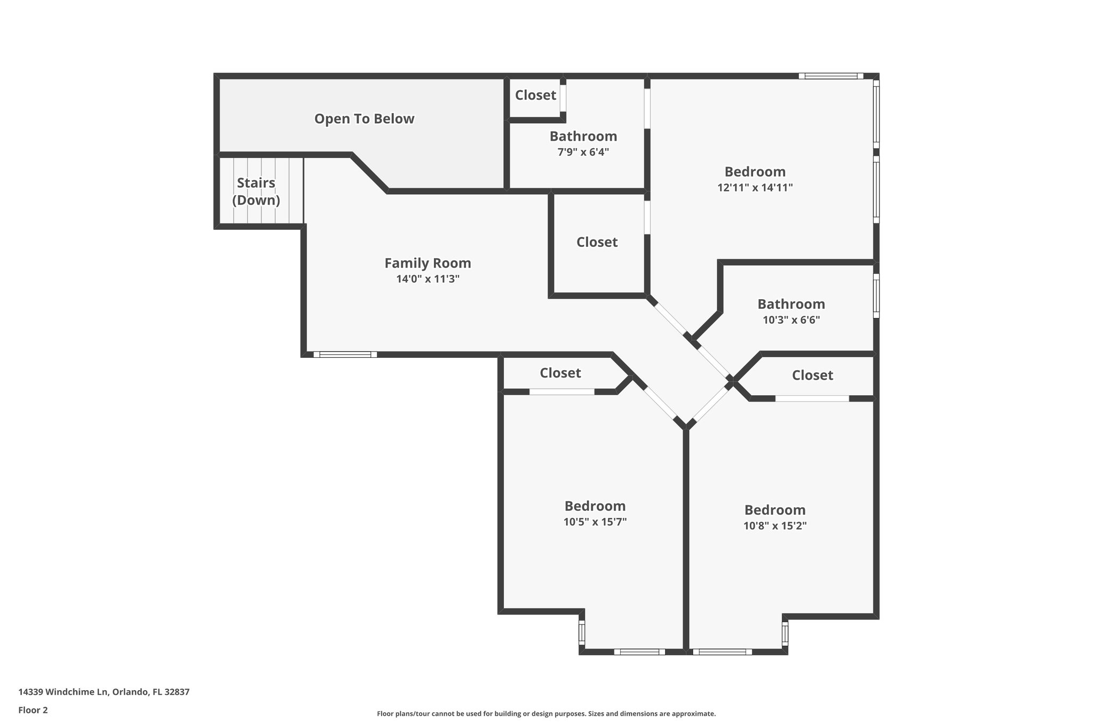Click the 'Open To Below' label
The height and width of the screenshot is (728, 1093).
(364, 118)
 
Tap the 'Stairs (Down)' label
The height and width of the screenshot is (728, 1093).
(256, 191)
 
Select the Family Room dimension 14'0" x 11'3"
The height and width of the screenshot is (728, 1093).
(427, 278)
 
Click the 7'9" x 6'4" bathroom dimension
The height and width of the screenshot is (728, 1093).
(583, 152)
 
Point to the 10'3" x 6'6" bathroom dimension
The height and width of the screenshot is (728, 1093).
(791, 320)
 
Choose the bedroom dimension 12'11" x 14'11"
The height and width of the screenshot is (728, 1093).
(755, 188)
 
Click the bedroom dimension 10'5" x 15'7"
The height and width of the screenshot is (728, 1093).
(595, 522)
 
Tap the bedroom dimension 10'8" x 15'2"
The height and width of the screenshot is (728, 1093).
(774, 525)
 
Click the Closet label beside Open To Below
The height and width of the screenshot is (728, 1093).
(535, 95)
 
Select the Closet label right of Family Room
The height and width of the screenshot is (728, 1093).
(597, 242)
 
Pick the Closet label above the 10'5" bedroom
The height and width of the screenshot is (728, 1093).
(560, 373)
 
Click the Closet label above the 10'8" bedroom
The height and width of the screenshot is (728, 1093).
(812, 375)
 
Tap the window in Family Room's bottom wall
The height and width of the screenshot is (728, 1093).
(345, 354)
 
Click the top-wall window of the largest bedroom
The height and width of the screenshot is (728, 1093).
(830, 76)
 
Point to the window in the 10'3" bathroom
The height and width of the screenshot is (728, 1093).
(876, 295)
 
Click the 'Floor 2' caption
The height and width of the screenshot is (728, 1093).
(33, 710)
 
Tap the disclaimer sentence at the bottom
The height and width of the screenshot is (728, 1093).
(546, 714)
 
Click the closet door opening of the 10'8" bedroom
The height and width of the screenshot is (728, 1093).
(812, 398)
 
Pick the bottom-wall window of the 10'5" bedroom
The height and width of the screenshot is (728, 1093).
(639, 652)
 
